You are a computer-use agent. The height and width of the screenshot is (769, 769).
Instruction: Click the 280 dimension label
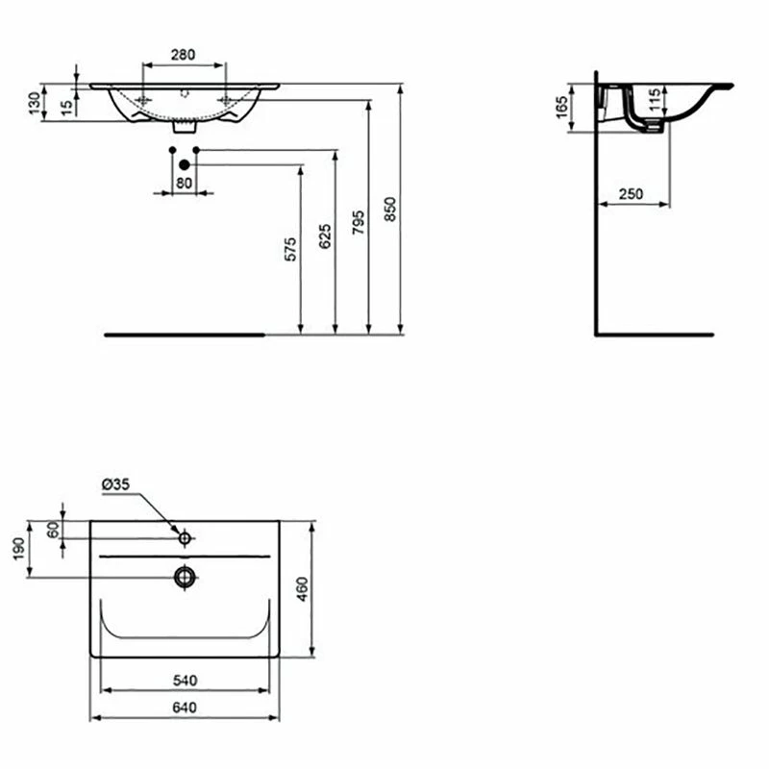click(183, 55)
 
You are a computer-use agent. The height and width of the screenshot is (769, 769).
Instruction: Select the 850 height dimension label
click(390, 210)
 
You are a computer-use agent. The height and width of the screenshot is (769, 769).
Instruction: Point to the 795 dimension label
click(359, 222)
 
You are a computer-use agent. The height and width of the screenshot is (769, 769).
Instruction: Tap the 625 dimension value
click(325, 236)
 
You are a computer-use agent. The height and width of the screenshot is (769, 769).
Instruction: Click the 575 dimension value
click(291, 249)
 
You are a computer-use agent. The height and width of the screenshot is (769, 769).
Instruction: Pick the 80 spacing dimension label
click(184, 183)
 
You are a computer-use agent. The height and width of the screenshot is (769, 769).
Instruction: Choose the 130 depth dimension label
click(35, 104)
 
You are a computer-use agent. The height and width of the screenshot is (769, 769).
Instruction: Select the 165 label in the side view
click(562, 108)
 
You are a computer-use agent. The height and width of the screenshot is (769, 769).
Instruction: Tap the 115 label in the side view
click(655, 101)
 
